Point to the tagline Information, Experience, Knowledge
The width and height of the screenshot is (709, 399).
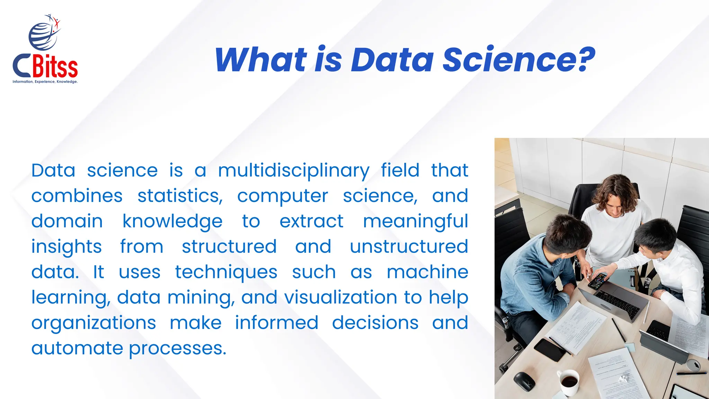click(45, 82)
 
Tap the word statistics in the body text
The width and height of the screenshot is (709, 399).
click(180, 196)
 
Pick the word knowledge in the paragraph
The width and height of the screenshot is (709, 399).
click(172, 222)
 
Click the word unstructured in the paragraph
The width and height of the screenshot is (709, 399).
click(409, 247)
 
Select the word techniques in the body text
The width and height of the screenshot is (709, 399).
click(226, 272)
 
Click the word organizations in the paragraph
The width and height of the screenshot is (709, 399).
click(93, 323)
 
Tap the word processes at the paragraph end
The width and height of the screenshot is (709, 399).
click(177, 348)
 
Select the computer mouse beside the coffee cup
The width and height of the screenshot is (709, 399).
click(524, 381)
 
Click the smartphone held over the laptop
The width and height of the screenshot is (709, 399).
click(598, 281)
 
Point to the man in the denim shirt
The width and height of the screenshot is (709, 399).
click(540, 274)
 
